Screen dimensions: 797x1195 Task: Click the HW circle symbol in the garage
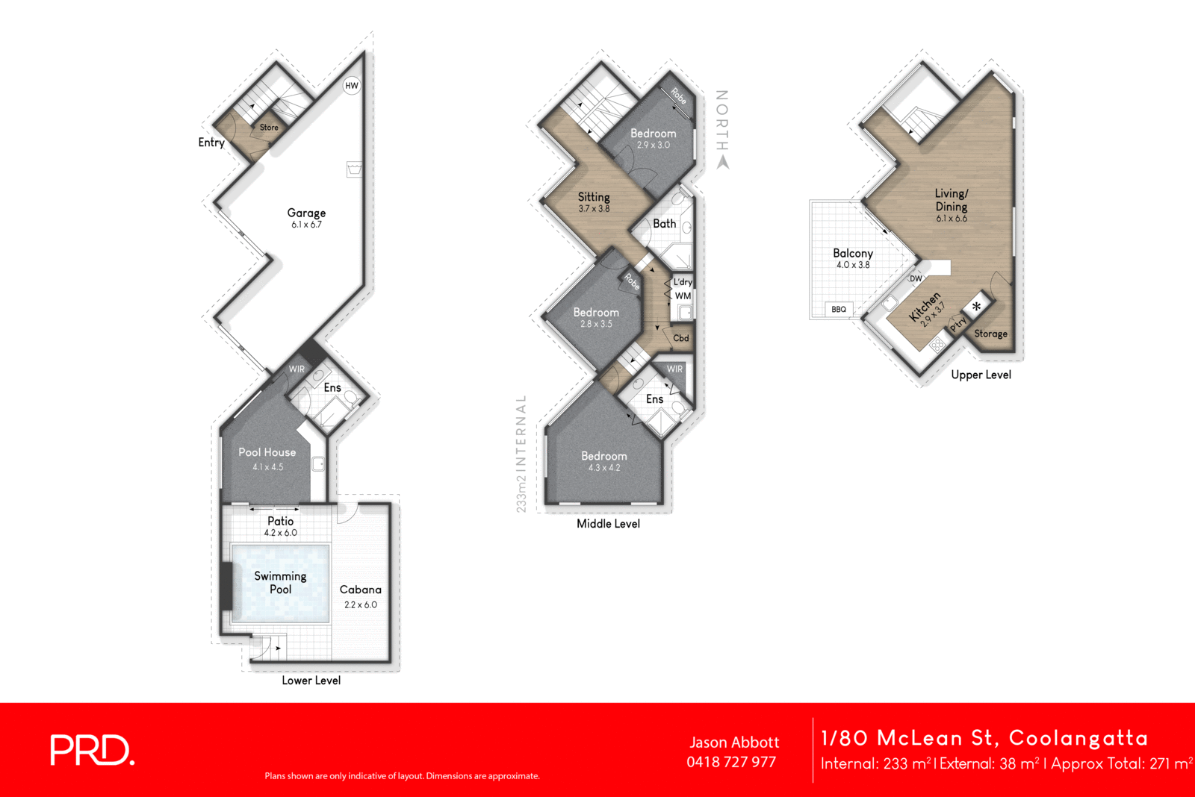coord(352,85)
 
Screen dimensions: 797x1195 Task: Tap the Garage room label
coord(306,213)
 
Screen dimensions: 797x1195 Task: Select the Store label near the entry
coord(269,128)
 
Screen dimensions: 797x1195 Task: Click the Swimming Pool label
coord(280,582)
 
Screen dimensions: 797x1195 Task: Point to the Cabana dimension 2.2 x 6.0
coord(361,604)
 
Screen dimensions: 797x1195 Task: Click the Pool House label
coord(267,452)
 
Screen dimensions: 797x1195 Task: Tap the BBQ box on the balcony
coord(839,309)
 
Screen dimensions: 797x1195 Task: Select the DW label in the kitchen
coord(916,278)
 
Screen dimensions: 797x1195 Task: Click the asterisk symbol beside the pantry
coord(976,306)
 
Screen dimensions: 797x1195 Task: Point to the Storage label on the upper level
coord(990,334)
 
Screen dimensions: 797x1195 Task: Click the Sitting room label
coord(594,197)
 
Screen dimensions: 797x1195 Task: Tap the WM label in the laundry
coord(683,296)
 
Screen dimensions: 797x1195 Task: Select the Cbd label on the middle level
coord(681,338)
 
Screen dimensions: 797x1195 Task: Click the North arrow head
coord(722,163)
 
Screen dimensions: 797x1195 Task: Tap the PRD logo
coord(93,750)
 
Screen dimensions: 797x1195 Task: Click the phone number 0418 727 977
coord(731,762)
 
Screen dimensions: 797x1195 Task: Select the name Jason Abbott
coord(734,742)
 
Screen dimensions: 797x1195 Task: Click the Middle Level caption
coord(608,524)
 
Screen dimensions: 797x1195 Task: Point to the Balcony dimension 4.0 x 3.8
coord(853,265)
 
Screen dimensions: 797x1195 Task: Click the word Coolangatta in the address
coord(1078,738)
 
